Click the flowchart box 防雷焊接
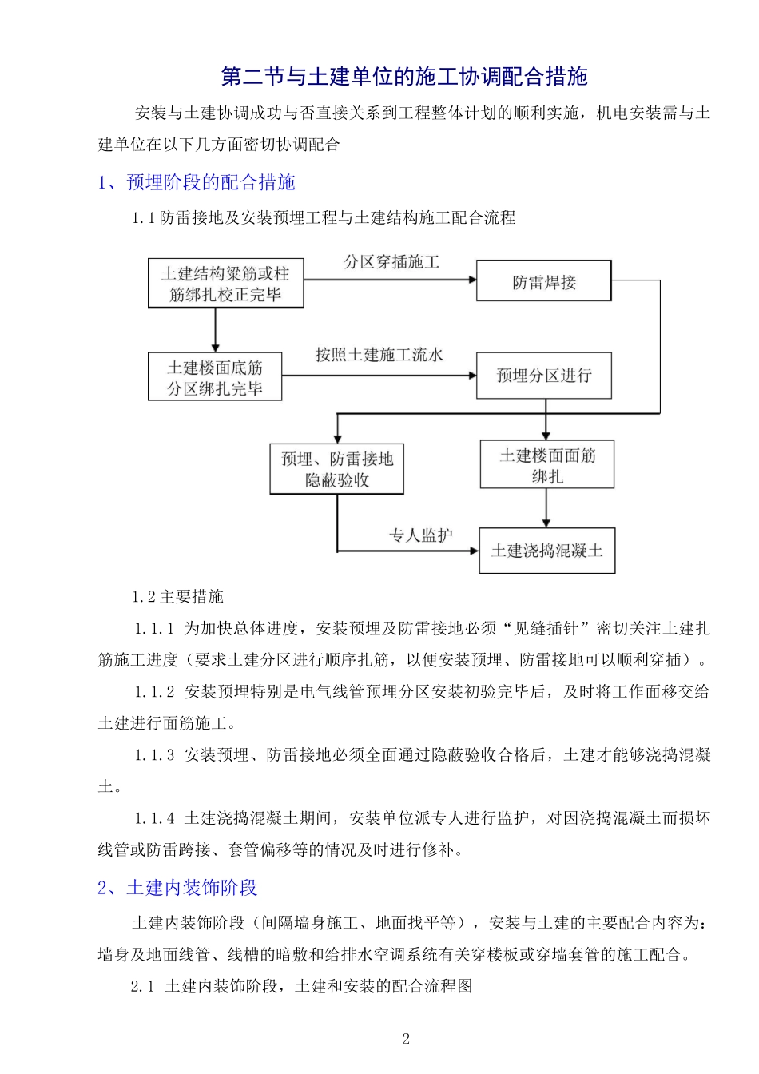click(x=543, y=281)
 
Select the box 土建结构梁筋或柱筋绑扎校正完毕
click(x=225, y=284)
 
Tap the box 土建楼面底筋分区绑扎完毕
click(x=215, y=377)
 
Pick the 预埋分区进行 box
click(x=543, y=376)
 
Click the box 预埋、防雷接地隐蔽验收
click(x=336, y=469)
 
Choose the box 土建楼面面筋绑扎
click(x=546, y=465)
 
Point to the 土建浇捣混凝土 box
click(x=546, y=551)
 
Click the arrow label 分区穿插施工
click(x=391, y=262)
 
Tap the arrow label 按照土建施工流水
click(x=379, y=355)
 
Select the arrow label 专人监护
click(x=420, y=535)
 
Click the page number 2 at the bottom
click(x=406, y=1039)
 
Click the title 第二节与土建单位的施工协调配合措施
click(x=404, y=77)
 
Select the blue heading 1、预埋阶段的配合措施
click(x=197, y=183)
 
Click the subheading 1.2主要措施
click(x=177, y=597)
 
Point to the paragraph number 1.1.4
click(x=154, y=818)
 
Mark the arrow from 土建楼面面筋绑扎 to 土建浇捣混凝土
click(x=546, y=507)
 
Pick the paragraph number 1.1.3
click(x=154, y=755)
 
